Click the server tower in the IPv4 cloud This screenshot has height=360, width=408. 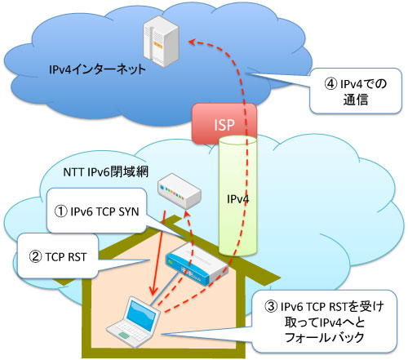point(161,41)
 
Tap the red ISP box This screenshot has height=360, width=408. point(224,124)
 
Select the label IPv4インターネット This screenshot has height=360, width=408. point(97,69)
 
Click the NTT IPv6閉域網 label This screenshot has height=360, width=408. point(106,172)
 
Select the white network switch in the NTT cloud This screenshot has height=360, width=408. point(180,191)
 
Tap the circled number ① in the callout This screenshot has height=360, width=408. point(60,211)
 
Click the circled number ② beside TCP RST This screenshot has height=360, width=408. point(35,256)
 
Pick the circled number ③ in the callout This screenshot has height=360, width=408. point(271,306)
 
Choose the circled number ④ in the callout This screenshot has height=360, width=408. point(330,83)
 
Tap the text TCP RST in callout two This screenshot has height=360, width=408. point(66,257)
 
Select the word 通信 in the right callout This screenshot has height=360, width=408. point(356,100)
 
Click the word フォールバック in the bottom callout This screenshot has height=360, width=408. point(325,338)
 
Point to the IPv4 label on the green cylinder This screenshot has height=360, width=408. point(238,199)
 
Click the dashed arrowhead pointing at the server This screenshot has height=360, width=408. point(193,42)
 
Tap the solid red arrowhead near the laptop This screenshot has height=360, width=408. point(153,291)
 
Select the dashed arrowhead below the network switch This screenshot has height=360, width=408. point(186,216)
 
